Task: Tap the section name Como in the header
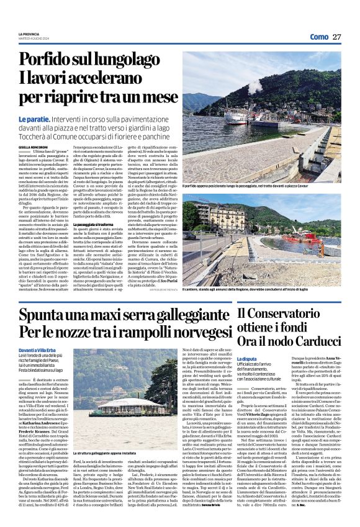318,37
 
